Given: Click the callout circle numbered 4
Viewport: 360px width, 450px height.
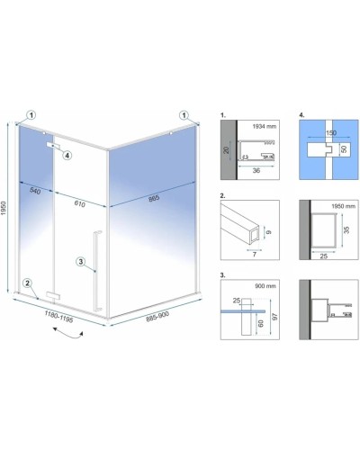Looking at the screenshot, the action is tap(67, 156).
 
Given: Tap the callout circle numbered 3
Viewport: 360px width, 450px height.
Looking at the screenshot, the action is tap(81, 262).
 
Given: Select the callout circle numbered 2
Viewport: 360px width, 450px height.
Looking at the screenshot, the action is tap(28, 283).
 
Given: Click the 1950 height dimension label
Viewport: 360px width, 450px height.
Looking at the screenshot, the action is tap(4, 208).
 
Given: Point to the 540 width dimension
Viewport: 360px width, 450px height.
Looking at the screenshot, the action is tap(35, 191).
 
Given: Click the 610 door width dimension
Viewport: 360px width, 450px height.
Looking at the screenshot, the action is tap(79, 203).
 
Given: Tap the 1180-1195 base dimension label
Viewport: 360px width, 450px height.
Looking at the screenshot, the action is tap(58, 317).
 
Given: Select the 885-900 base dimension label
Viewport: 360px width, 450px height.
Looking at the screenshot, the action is tap(157, 316).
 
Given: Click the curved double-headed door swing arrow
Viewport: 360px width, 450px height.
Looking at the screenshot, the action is tap(68, 334).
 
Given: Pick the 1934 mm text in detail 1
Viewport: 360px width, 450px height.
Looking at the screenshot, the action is tap(264, 126).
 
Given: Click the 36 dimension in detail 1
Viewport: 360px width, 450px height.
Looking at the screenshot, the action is tap(256, 170).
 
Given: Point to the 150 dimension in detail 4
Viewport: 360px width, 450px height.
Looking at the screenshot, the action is tap(331, 132).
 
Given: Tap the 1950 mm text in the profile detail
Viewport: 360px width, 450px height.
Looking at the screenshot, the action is tap(343, 206).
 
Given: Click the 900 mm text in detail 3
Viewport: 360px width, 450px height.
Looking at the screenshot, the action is tap(265, 286).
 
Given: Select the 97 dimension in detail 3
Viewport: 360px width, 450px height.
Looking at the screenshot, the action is tap(274, 317).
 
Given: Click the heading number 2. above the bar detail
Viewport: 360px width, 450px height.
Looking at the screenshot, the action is tap(222, 196).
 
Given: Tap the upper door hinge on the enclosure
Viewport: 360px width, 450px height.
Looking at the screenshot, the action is tap(53, 145).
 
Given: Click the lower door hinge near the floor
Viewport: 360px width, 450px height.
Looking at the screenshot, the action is tap(53, 295).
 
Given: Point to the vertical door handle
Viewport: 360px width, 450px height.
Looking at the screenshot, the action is tap(98, 271).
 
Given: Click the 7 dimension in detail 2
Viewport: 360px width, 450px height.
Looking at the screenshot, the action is tap(255, 255).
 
